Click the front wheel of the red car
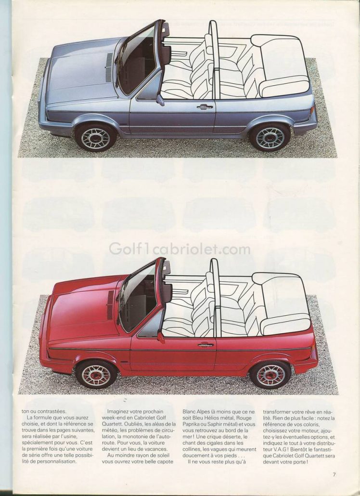(x=96, y=375)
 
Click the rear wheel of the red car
(x=270, y=375)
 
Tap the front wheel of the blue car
(x=95, y=138)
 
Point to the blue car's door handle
(x=205, y=107)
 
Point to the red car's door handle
(x=206, y=345)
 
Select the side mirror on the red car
(x=161, y=337)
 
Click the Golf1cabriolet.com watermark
(x=180, y=249)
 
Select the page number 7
(x=334, y=474)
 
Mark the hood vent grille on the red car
(x=110, y=305)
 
